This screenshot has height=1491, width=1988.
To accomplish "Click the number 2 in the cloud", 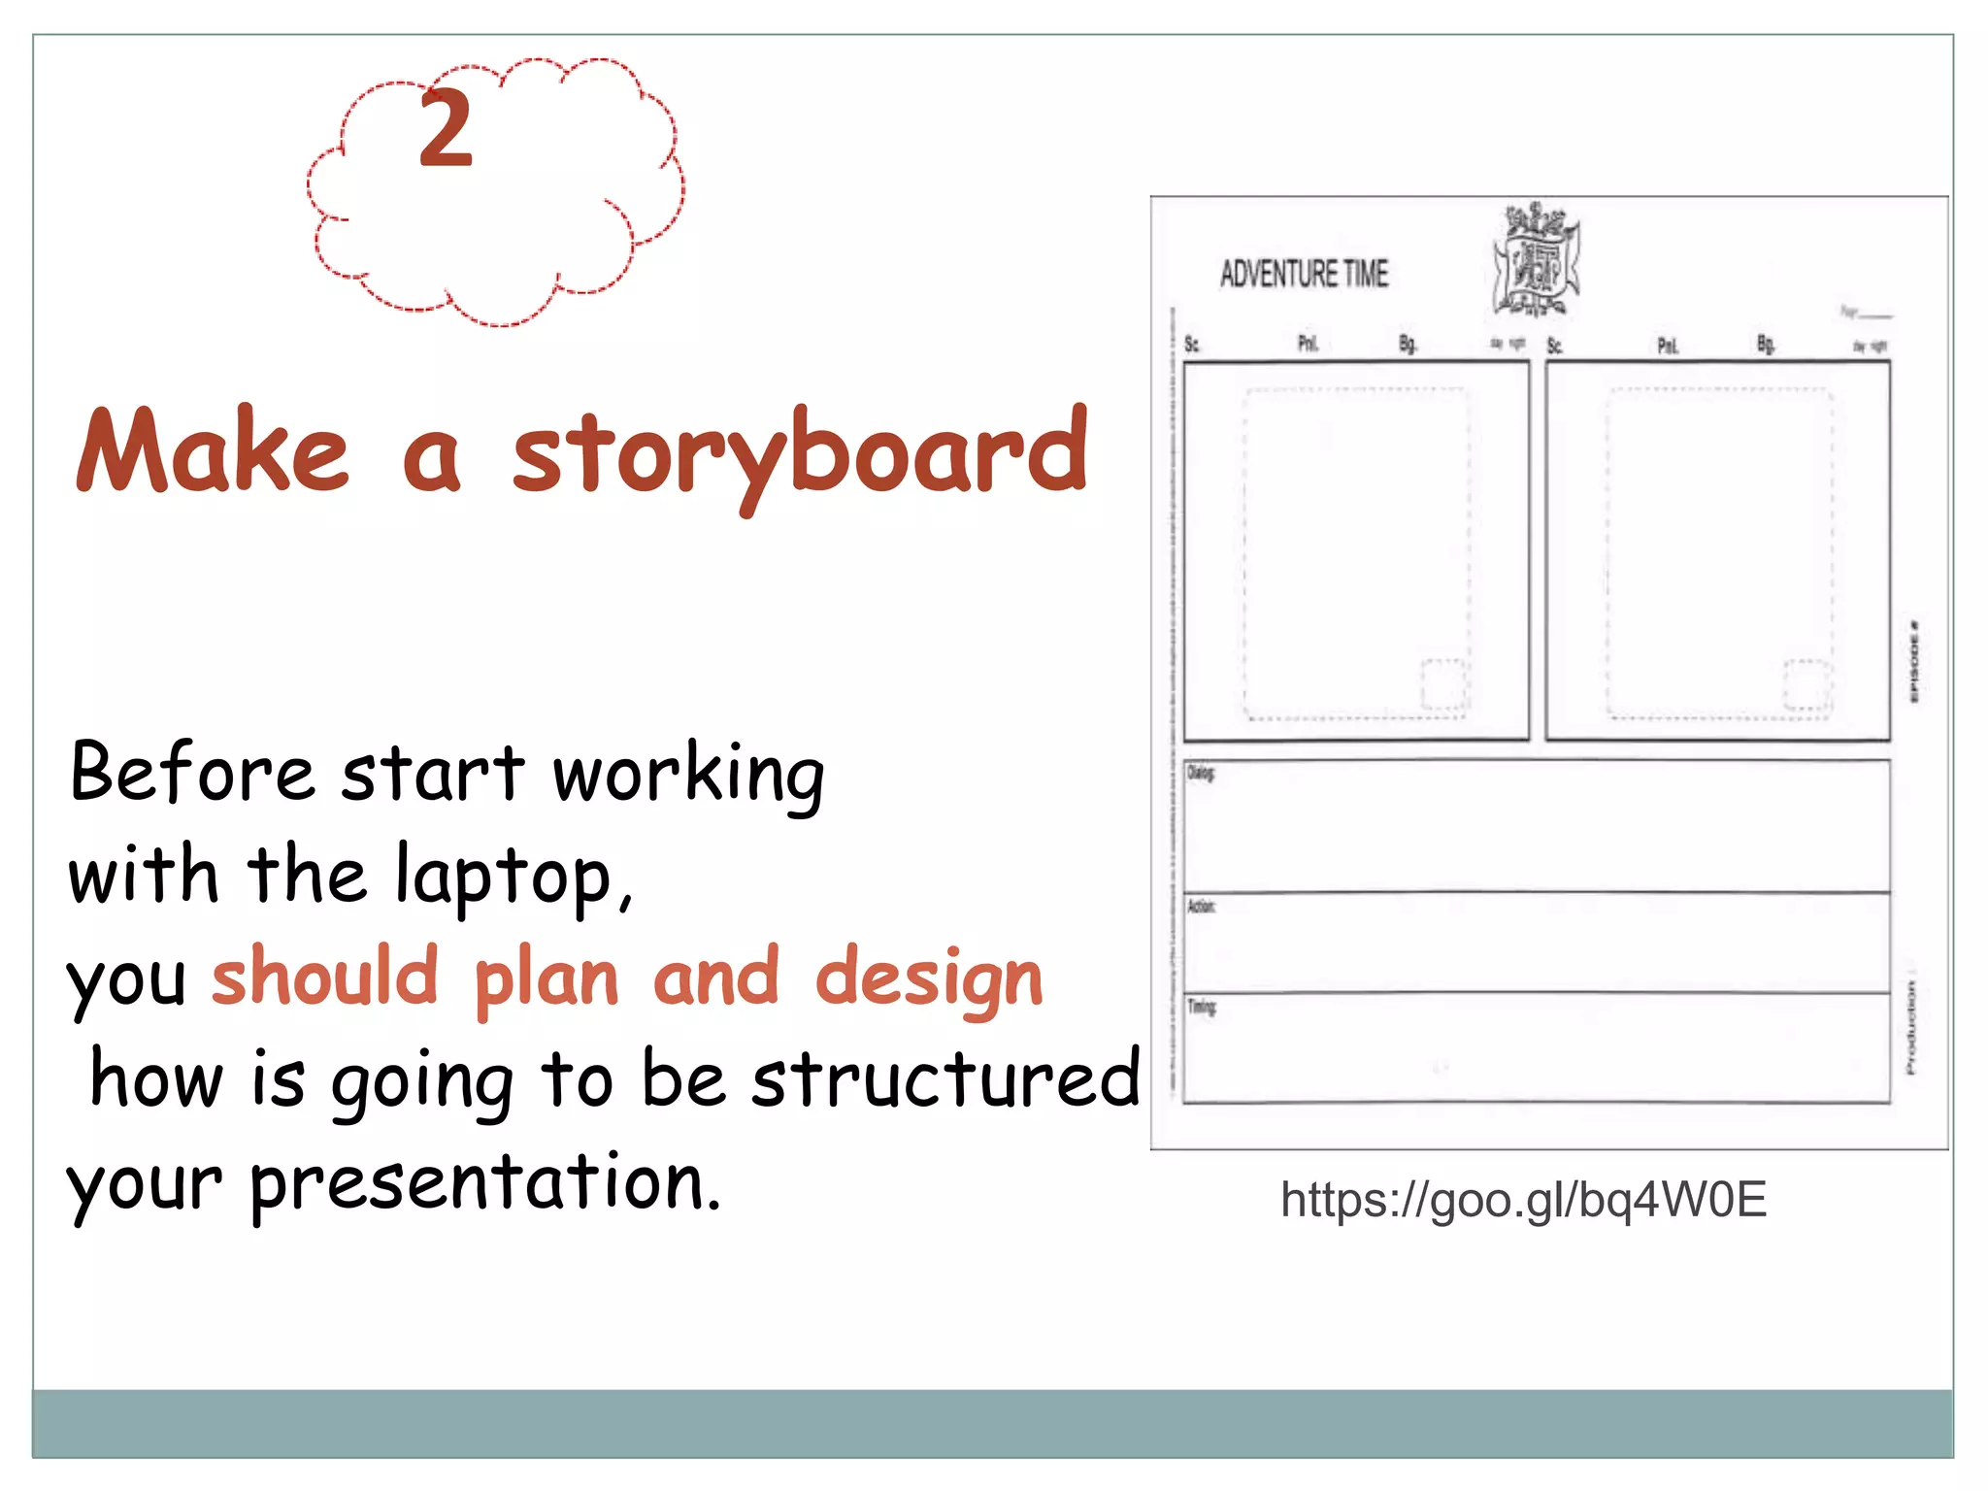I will [446, 129].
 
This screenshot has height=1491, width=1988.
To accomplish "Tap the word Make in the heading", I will [213, 452].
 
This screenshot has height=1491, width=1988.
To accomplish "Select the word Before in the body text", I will [192, 774].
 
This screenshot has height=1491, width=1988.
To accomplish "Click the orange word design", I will [929, 979].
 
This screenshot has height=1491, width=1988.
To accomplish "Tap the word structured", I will [945, 1080].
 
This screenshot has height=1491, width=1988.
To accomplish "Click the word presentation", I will [485, 1183].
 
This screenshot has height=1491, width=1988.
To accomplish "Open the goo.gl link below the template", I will [1523, 1201].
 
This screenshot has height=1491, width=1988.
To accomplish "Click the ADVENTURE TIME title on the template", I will [1304, 275].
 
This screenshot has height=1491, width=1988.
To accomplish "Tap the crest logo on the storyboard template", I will [1536, 261].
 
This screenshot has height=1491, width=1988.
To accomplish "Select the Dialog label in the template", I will [1201, 774].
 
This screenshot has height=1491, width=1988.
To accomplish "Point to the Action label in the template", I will [1201, 907].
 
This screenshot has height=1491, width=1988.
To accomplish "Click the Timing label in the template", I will [1202, 1007].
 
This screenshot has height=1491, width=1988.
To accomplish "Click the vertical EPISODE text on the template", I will [1913, 661].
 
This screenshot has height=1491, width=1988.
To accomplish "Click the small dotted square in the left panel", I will [1443, 684].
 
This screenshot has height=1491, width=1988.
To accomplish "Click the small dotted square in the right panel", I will [1806, 684].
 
